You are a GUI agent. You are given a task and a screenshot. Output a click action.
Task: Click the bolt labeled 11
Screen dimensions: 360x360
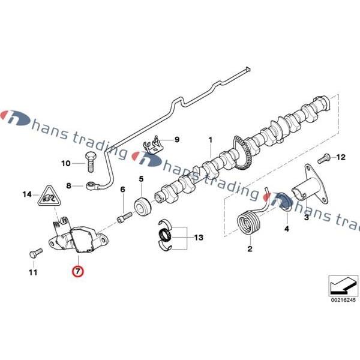[34, 251]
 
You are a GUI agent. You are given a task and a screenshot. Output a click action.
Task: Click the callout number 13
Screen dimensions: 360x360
[199, 238]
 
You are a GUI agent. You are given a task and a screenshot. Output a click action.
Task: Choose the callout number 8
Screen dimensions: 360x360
[70, 186]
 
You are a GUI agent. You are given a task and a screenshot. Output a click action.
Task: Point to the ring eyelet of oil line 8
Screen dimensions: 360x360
[92, 185]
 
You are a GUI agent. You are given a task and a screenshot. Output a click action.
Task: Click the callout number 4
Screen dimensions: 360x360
[286, 229]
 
